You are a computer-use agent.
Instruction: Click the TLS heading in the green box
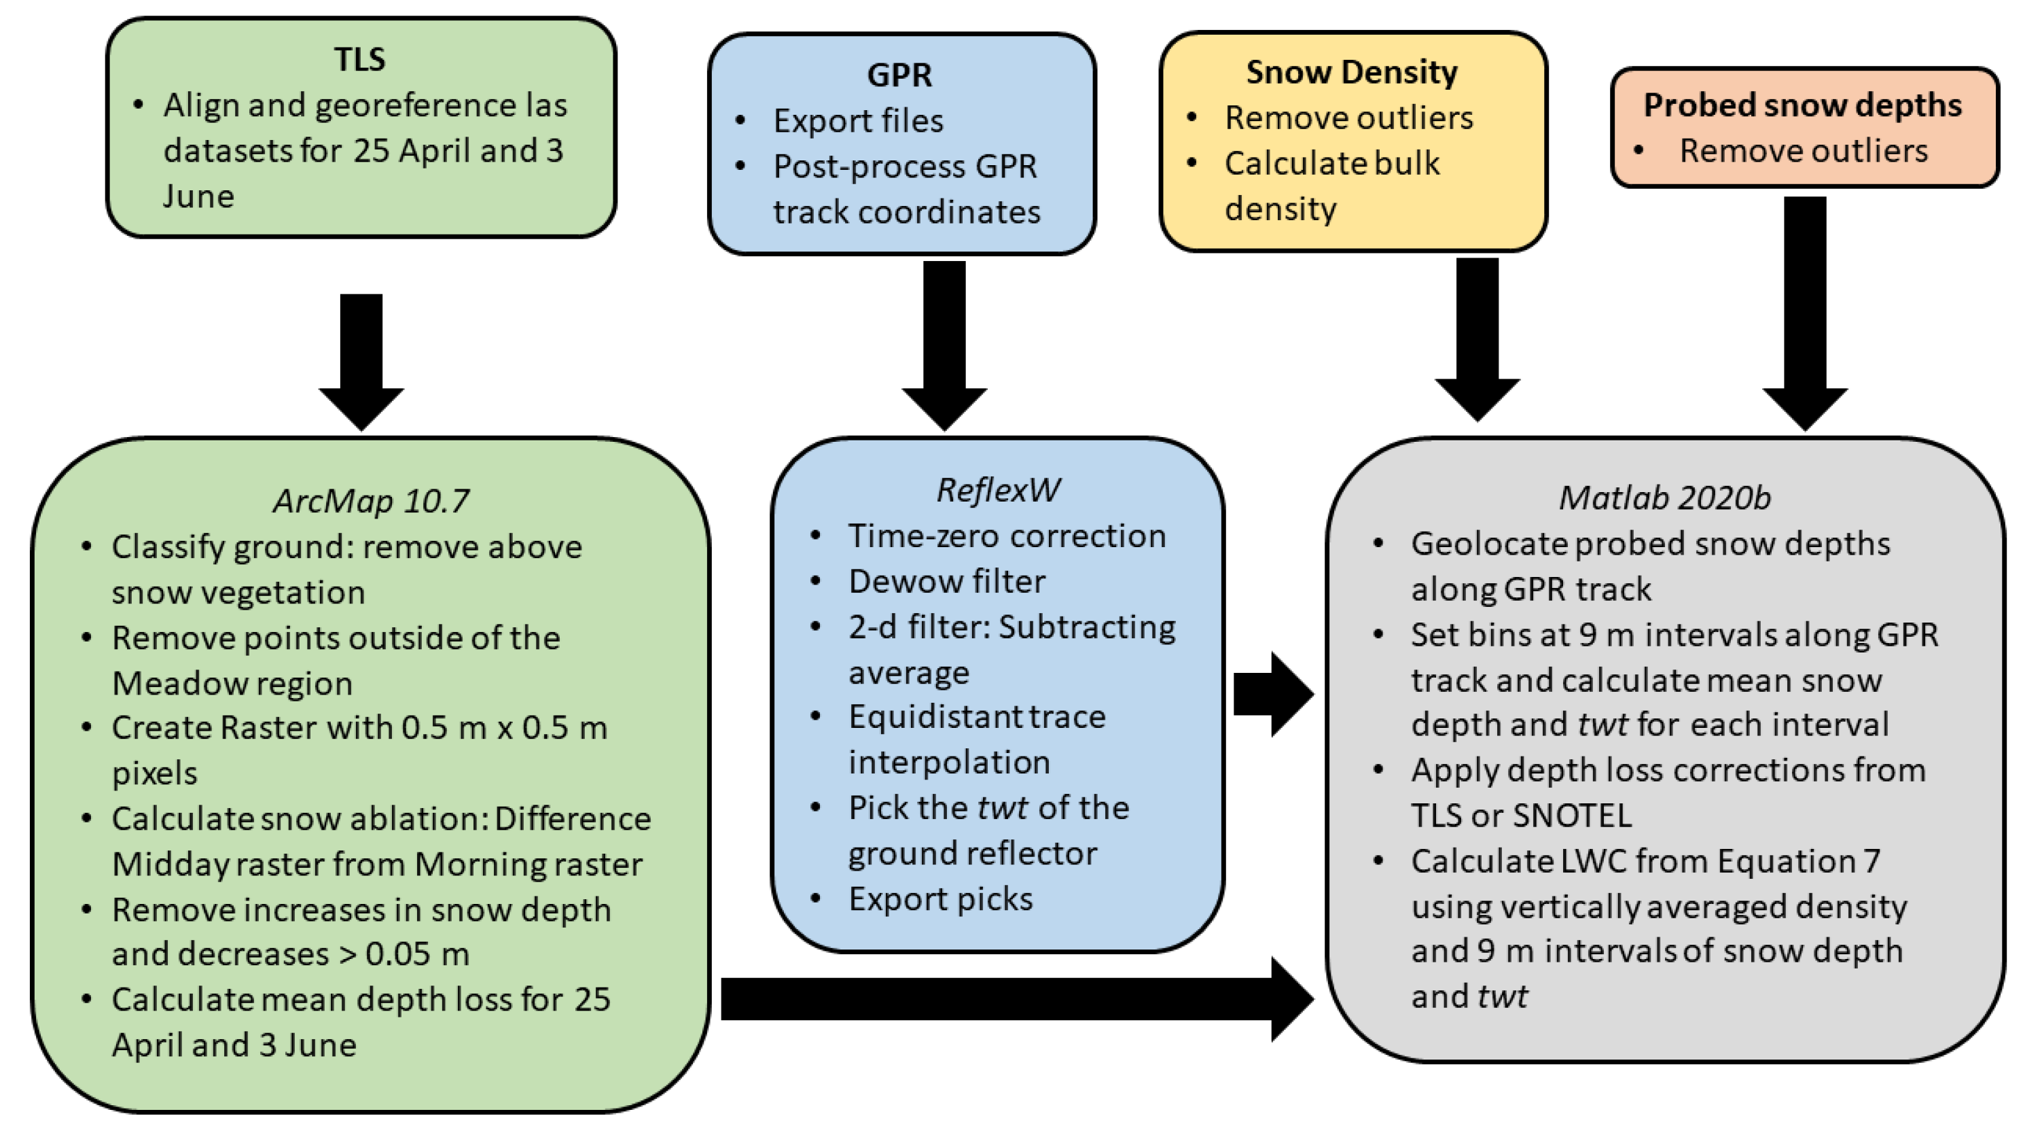coord(359,59)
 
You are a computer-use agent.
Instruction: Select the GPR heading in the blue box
coord(899,75)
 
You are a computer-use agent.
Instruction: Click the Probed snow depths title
coord(1802,105)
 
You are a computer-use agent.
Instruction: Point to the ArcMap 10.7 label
coord(370,501)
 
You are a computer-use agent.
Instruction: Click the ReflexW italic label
coord(997,491)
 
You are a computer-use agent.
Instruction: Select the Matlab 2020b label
coord(1664,498)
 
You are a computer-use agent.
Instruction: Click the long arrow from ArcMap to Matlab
coord(1015,999)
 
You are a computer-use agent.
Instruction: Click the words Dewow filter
coord(946,582)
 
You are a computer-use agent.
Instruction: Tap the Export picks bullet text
coord(940,899)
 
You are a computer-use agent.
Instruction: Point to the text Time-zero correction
coord(1007,537)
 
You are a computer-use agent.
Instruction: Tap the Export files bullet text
coord(858,121)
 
